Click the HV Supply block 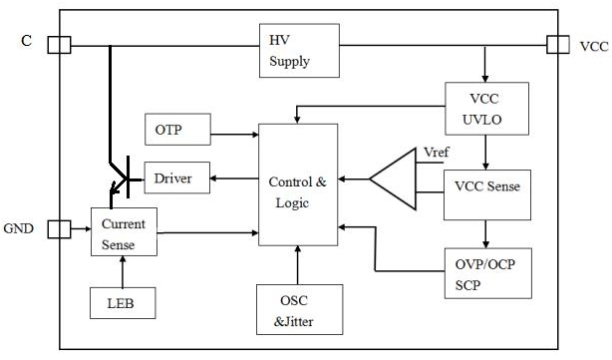(299, 51)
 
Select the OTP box (178, 130)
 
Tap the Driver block (177, 178)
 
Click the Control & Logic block (298, 184)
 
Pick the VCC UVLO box (487, 109)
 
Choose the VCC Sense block (487, 194)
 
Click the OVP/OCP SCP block (488, 273)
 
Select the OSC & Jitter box (300, 309)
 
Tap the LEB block (123, 303)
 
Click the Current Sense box (125, 232)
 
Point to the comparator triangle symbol (393, 180)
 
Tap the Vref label (437, 152)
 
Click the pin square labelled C (60, 45)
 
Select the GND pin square (60, 229)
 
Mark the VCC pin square (558, 45)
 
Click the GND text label (18, 228)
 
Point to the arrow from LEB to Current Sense (123, 272)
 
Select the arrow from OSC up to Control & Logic (297, 265)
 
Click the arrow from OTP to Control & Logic (234, 135)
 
